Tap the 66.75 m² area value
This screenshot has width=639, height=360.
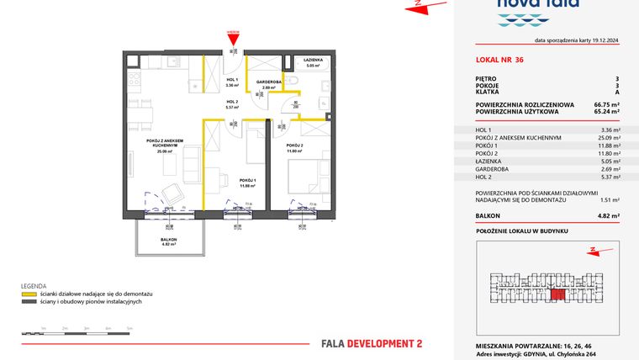[x=606, y=104]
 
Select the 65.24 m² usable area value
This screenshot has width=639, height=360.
[x=606, y=111]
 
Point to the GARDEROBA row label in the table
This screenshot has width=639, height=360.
[x=494, y=168]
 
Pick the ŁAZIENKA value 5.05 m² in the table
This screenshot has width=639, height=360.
[x=610, y=161]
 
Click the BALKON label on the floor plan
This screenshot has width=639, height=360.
[x=169, y=239]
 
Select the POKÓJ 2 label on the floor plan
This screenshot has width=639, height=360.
[x=293, y=146]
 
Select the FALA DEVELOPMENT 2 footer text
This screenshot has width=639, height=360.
[x=372, y=343]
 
